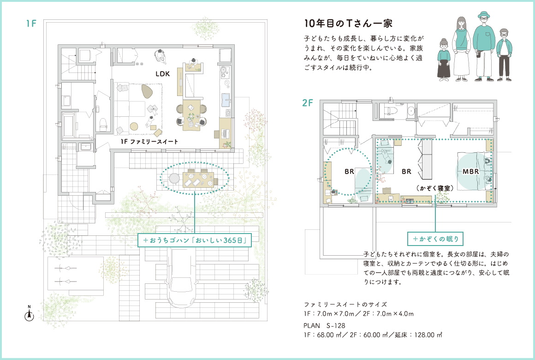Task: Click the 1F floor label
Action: tap(31, 24)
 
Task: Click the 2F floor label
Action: tap(308, 102)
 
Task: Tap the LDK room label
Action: tap(163, 74)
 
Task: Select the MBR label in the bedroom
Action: tap(470, 172)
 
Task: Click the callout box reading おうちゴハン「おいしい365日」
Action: tap(195, 240)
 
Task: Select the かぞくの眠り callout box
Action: tap(435, 239)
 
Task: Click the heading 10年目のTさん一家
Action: tap(348, 24)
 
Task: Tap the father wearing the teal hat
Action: tap(484, 46)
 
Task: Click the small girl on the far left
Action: tap(444, 60)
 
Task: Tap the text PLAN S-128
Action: tap(324, 325)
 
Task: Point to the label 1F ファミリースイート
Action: tap(149, 141)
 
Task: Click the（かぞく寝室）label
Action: tap(434, 188)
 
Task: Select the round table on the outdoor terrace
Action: tap(174, 179)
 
